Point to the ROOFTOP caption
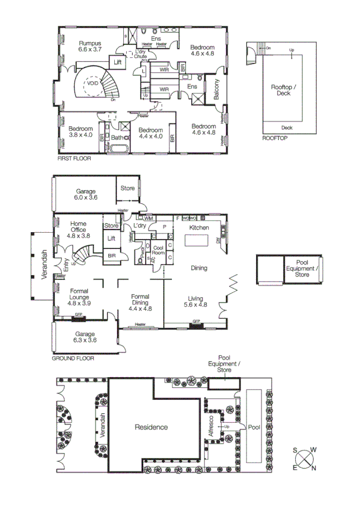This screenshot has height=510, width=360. coord(275,138)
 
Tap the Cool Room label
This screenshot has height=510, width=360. coord(158,251)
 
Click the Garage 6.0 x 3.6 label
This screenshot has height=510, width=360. coord(86,194)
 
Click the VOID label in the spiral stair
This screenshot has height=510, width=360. coord(92,85)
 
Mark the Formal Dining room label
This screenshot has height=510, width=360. coord(140,301)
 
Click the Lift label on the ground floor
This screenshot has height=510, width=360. coord(111,239)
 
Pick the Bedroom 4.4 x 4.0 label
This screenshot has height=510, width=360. coord(150,134)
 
